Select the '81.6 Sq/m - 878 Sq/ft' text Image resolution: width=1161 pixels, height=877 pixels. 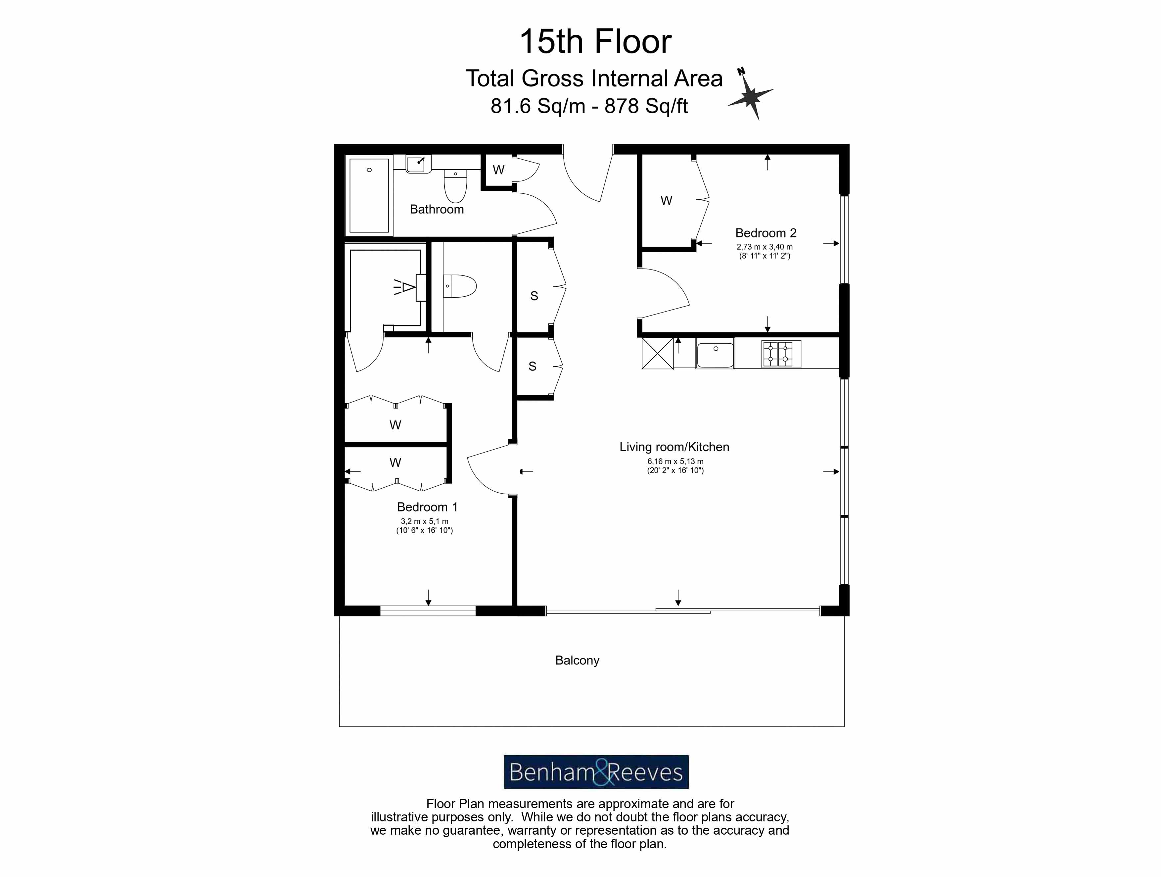(589, 106)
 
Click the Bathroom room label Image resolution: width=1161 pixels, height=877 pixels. (437, 210)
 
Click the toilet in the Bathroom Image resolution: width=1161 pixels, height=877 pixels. (455, 186)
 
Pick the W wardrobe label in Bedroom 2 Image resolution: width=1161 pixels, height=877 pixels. (666, 201)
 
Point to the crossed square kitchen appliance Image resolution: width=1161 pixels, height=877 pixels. (657, 354)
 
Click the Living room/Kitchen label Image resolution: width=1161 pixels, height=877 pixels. (674, 447)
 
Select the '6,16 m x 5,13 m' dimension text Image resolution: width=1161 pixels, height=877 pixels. (675, 462)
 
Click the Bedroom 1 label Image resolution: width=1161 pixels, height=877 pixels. (427, 507)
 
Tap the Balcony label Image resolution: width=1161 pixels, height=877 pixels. (577, 660)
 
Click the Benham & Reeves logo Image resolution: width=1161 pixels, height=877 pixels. (596, 772)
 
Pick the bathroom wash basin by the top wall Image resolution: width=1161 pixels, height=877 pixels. (419, 163)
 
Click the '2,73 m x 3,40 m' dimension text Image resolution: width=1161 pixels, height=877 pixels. (764, 247)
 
